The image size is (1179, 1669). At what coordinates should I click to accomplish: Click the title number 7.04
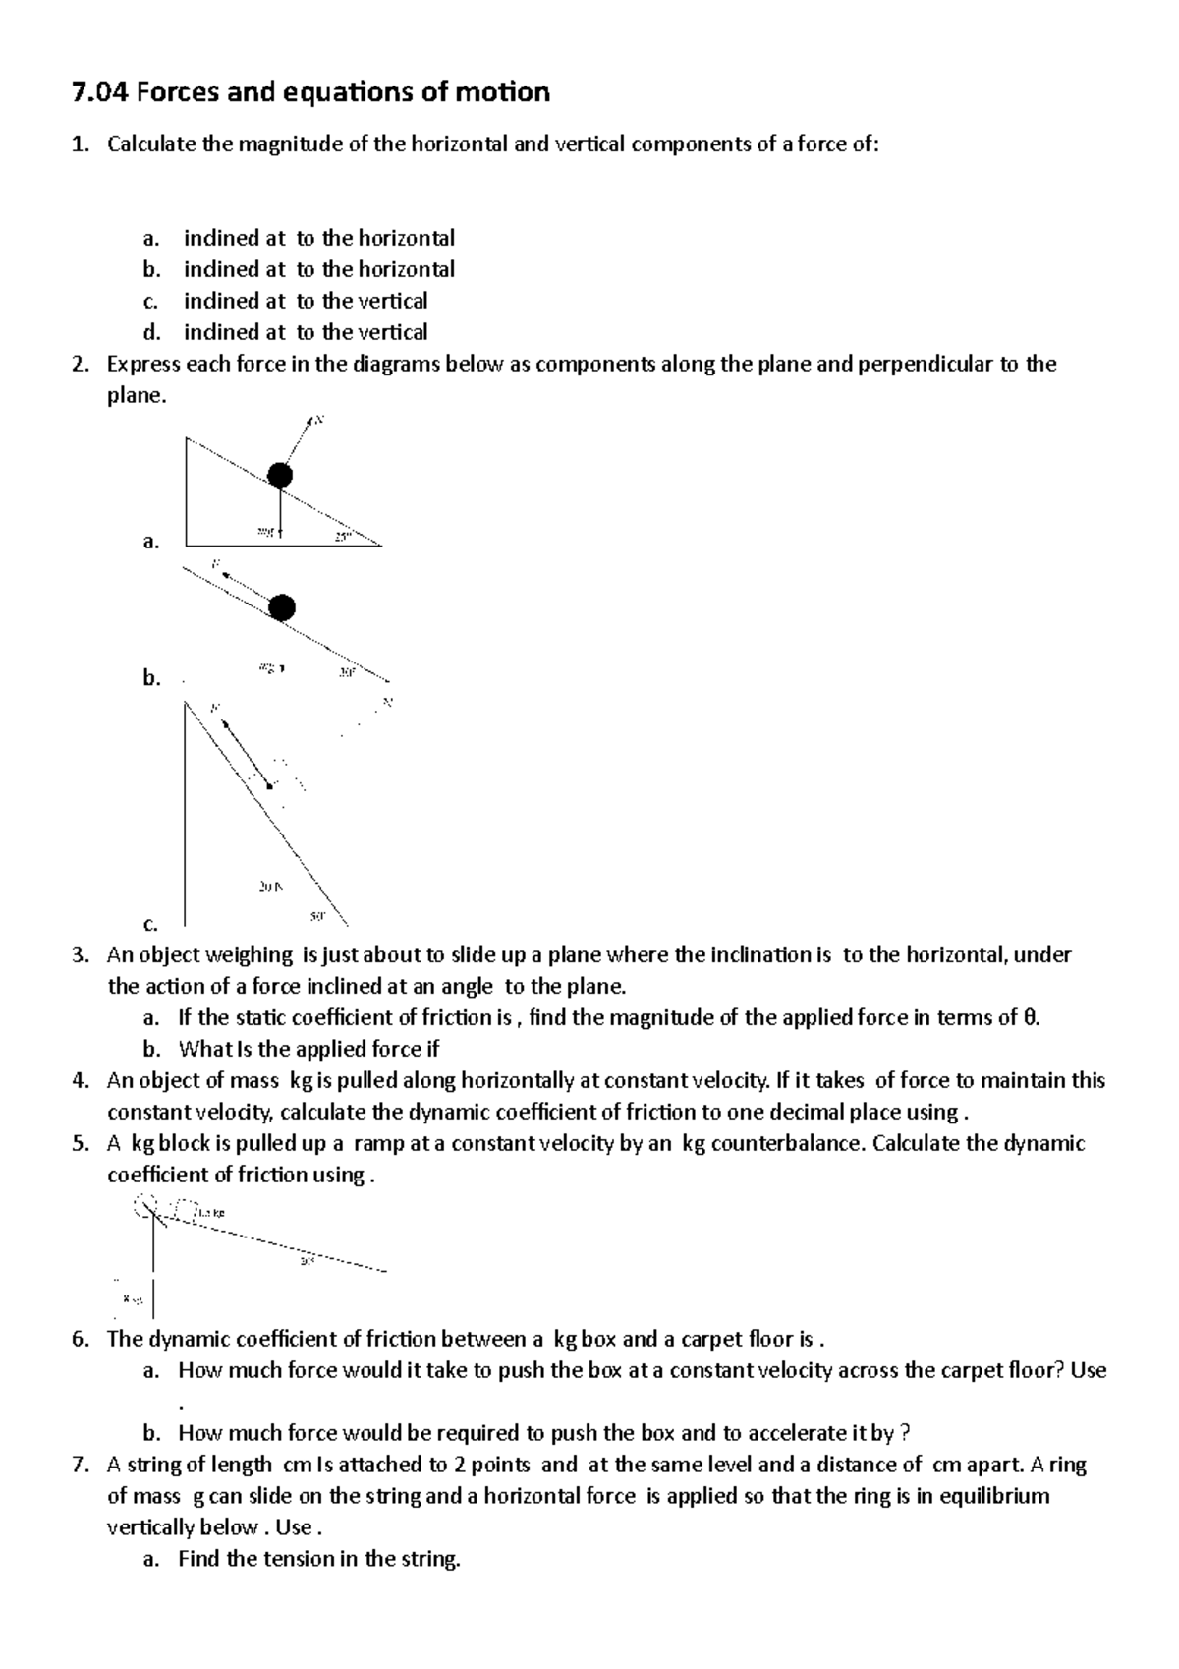point(100,93)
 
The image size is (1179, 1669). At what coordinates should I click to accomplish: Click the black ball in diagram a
point(280,476)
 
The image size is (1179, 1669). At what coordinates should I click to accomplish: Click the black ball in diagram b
point(282,607)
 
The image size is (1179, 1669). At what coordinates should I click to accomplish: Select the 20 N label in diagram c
point(270,886)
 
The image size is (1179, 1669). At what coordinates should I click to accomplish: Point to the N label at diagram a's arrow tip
point(319,421)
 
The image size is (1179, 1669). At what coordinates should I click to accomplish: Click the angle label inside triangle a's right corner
point(342,537)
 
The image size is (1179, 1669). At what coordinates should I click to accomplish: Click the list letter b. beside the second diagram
point(150,677)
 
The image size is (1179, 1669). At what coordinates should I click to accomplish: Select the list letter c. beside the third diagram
point(150,924)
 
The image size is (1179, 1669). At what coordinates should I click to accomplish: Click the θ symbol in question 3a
point(1029,1018)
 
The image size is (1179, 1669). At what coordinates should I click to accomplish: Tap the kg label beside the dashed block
point(210,1213)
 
